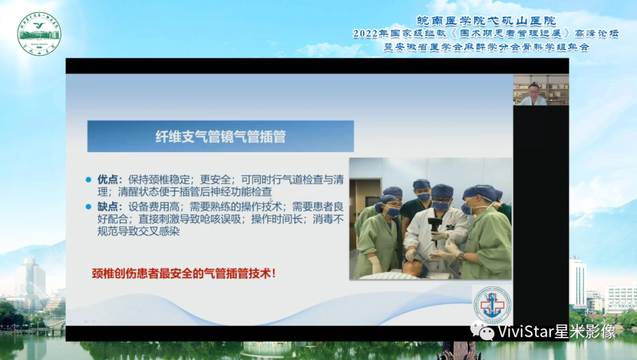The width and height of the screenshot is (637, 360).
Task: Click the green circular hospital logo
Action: pyautogui.click(x=39, y=34)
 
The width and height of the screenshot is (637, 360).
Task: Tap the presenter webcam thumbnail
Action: pyautogui.click(x=541, y=90)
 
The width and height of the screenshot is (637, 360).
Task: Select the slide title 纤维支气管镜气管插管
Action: pyautogui.click(x=221, y=136)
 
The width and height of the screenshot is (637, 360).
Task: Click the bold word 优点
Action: pyautogui.click(x=109, y=179)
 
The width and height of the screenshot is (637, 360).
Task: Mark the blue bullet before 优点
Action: pyautogui.click(x=89, y=179)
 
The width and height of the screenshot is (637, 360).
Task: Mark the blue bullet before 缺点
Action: pyautogui.click(x=89, y=207)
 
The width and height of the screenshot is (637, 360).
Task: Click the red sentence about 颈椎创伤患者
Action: pyautogui.click(x=183, y=273)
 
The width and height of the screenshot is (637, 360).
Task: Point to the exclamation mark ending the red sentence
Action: pyautogui.click(x=273, y=273)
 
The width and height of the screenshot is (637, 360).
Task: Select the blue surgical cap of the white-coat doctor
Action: pyautogui.click(x=442, y=191)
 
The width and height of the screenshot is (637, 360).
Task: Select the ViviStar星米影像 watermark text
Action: pyautogui.click(x=557, y=332)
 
